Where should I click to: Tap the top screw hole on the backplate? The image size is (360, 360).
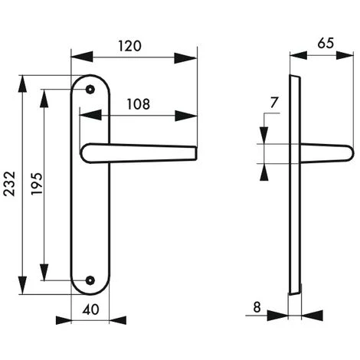92,89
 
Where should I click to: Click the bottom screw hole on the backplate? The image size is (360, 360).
92,280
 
